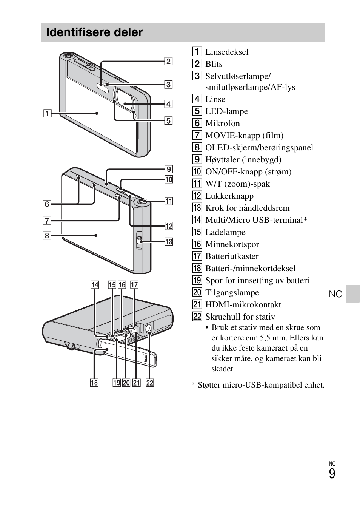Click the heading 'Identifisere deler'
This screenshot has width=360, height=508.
point(94,32)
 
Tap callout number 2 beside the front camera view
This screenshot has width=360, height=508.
point(168,61)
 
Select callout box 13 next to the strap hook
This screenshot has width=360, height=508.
point(169,242)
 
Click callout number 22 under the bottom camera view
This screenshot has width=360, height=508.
point(150,383)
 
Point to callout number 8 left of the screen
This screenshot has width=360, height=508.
point(47,236)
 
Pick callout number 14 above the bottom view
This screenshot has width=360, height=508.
point(95,285)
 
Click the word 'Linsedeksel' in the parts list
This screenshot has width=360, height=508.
point(227,52)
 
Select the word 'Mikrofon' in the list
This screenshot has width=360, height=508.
point(222,124)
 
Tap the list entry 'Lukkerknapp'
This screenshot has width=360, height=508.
point(229,196)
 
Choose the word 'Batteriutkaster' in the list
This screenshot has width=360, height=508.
point(232,256)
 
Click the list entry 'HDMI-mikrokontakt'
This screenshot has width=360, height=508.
point(243,305)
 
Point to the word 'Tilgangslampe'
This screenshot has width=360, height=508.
point(232,293)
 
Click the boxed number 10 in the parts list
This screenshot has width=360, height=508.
point(197,172)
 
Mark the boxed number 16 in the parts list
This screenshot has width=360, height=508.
point(197,244)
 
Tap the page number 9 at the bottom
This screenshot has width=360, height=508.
point(332,474)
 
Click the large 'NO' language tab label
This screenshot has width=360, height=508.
point(335,294)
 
